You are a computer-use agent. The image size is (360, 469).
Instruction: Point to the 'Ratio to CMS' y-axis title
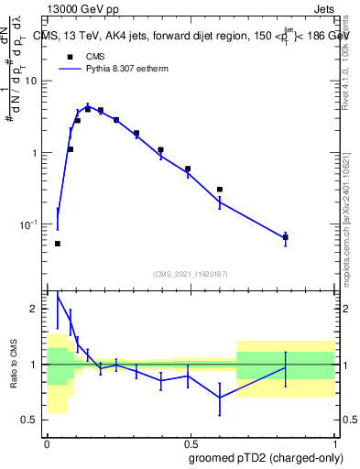(15, 364)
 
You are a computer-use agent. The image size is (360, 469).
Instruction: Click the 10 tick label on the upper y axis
(33, 81)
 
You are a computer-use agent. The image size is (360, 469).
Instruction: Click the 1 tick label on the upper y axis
(36, 152)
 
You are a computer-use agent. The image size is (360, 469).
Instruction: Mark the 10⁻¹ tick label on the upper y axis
(30, 224)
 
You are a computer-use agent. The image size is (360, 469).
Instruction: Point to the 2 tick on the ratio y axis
(37, 310)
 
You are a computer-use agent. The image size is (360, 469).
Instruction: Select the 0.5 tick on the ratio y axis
(32, 420)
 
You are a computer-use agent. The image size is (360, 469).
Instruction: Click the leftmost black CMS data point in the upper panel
(58, 244)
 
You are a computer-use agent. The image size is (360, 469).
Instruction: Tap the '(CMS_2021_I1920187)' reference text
(190, 273)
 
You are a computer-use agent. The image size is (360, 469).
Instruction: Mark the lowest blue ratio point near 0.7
(220, 398)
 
